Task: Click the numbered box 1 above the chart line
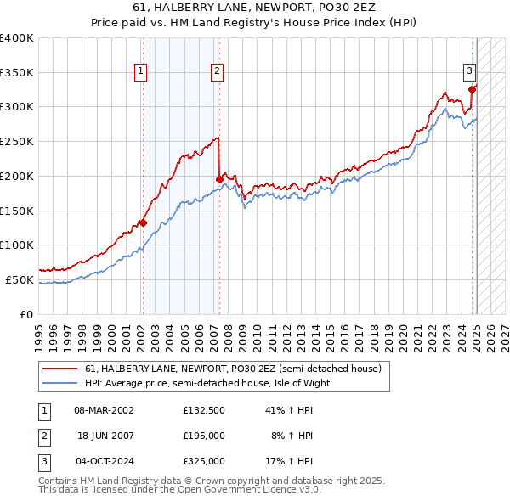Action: coord(140,71)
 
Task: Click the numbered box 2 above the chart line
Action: coord(218,71)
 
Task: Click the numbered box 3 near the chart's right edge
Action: coord(468,71)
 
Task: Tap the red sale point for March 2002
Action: coord(143,223)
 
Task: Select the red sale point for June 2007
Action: coord(219,179)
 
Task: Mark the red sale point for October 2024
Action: coord(473,88)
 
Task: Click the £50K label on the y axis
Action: coord(20,279)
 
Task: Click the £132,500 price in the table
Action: coord(203,410)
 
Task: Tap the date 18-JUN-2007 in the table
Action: coord(106,436)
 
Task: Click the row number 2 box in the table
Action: coord(42,436)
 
